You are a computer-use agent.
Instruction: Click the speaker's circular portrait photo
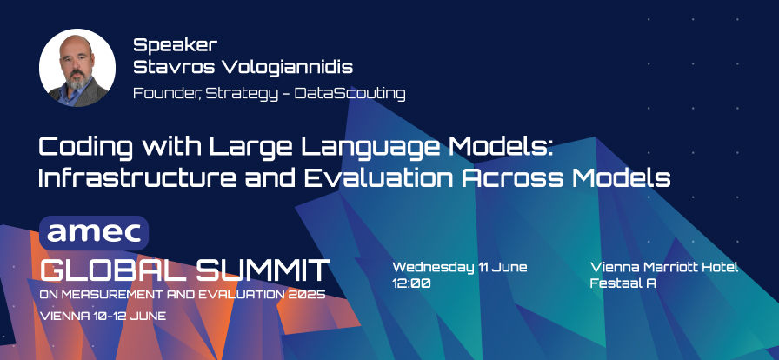pos(77,67)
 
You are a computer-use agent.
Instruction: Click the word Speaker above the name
pos(176,46)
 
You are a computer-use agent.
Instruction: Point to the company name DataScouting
pos(350,94)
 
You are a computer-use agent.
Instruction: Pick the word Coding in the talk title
pos(86,148)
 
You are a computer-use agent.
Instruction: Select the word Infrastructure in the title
pos(137,178)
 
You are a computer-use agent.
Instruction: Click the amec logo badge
pos(94,233)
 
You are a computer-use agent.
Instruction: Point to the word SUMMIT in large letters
pos(263,270)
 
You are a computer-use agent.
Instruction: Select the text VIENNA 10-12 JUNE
pos(103,316)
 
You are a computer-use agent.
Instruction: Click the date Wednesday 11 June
pos(460,267)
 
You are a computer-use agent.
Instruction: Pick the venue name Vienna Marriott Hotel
pos(664,267)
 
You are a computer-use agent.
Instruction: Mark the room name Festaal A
pos(623,283)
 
